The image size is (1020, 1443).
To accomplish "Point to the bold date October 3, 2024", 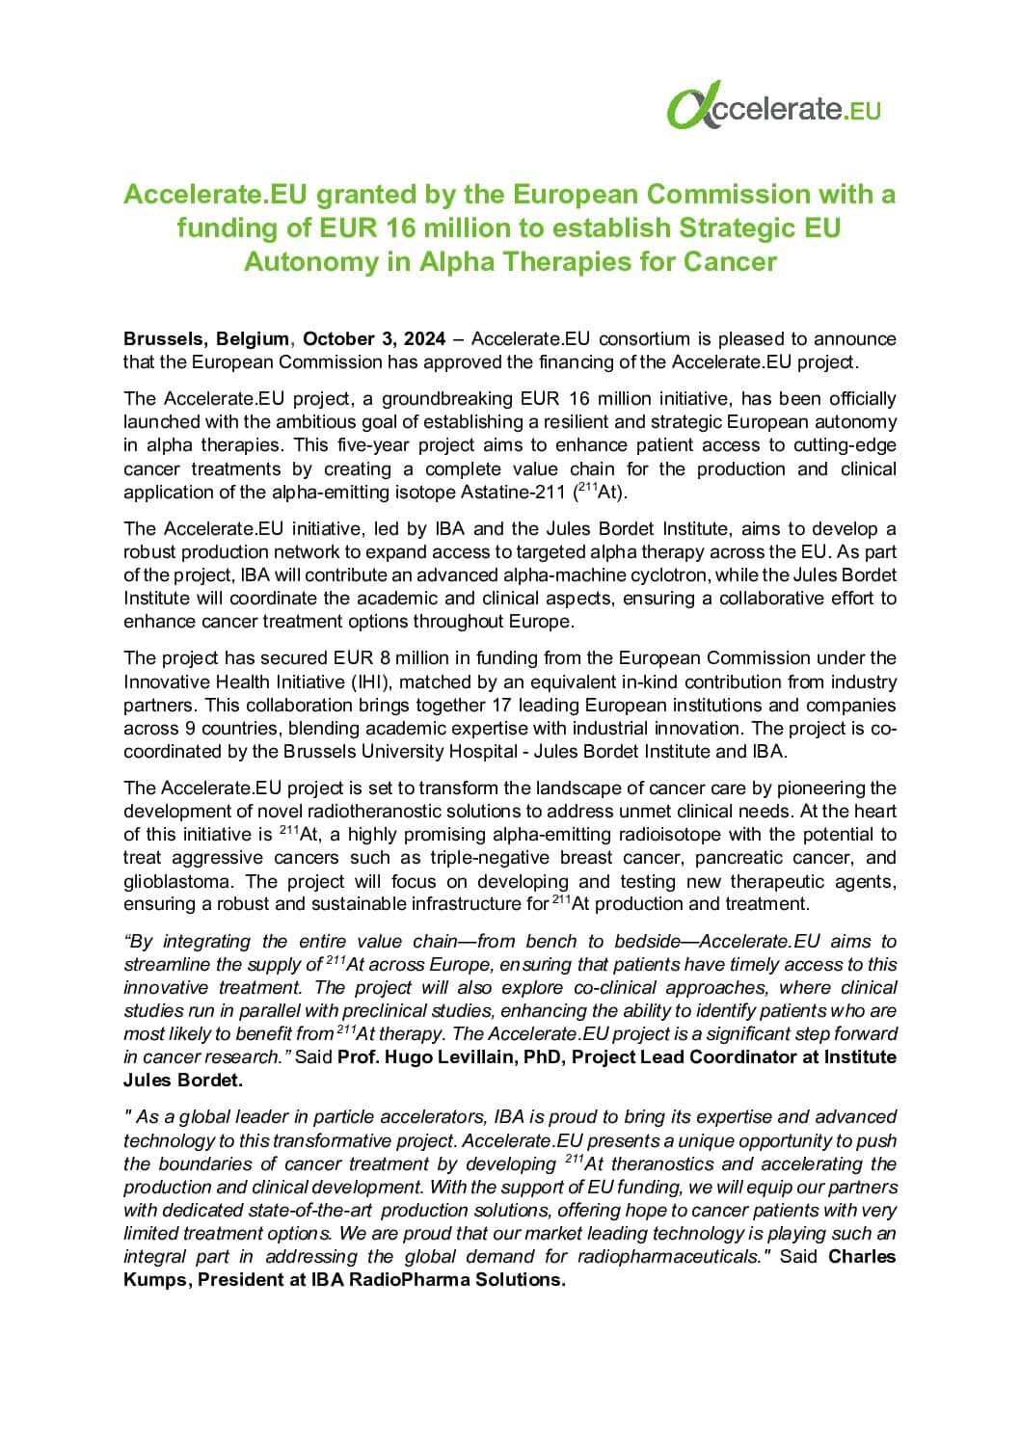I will (374, 338).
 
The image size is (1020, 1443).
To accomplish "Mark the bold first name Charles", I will (862, 1256).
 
